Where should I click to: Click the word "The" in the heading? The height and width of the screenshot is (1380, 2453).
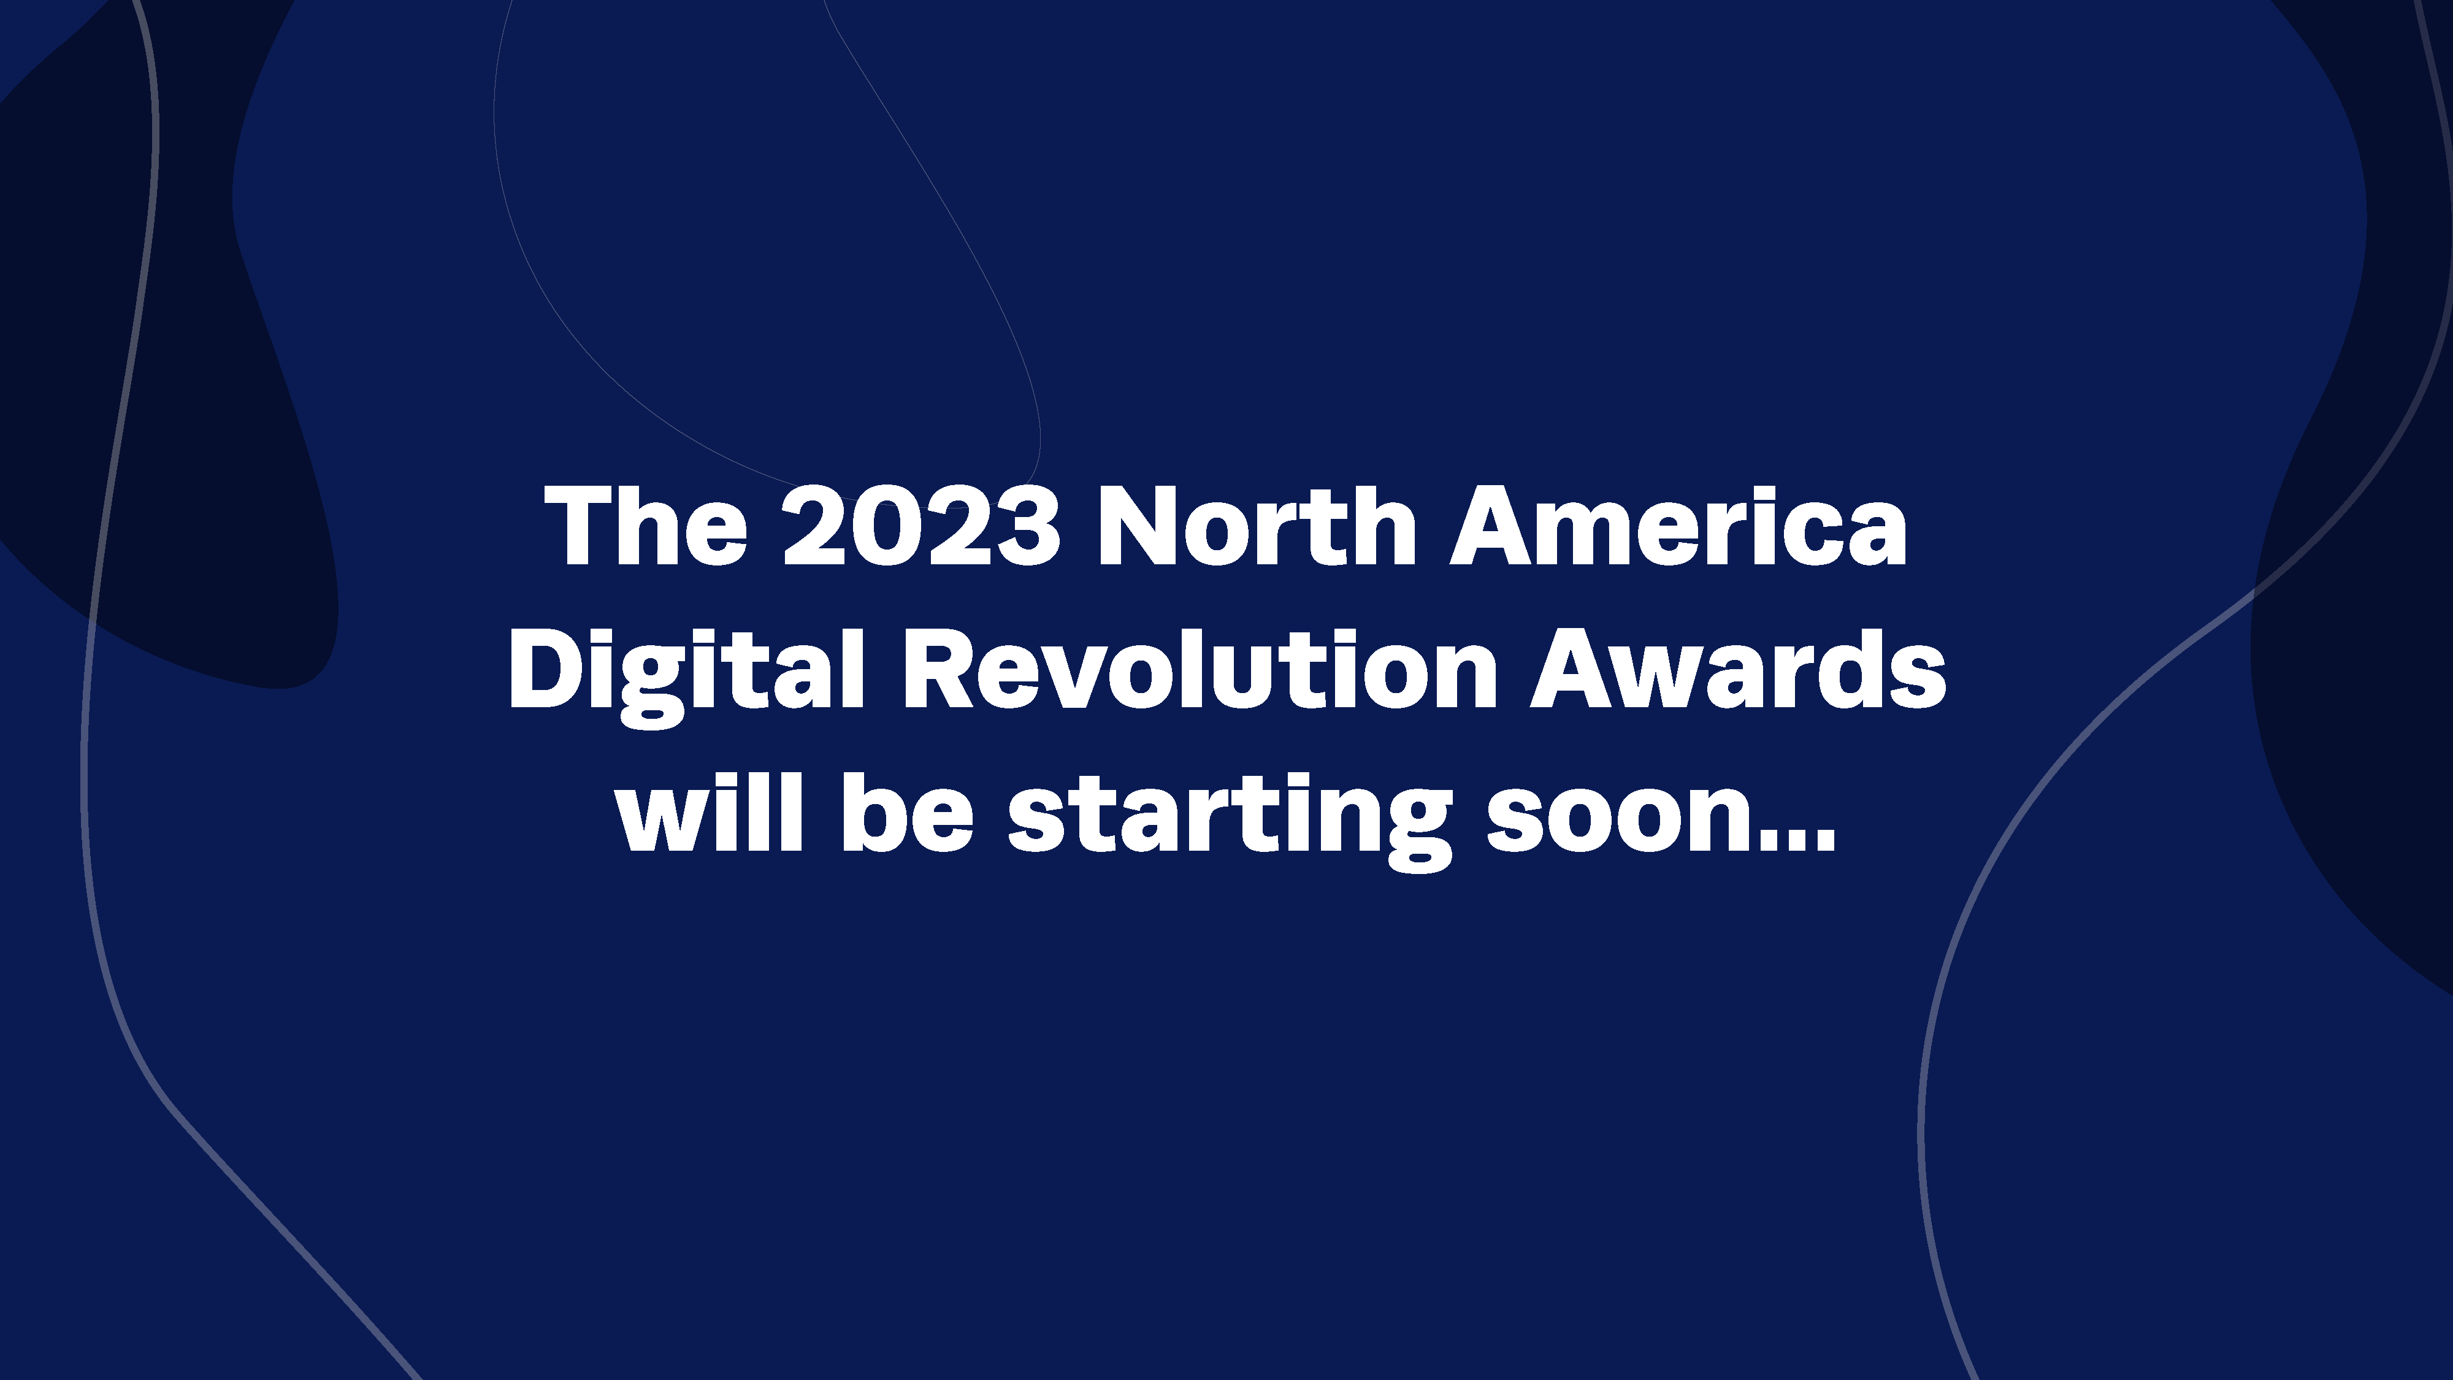coord(646,527)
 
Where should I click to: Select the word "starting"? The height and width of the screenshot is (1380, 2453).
coord(1230,819)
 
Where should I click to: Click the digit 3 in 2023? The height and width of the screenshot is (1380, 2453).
coord(1027,527)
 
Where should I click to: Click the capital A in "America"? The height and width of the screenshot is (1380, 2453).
coord(1491,527)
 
